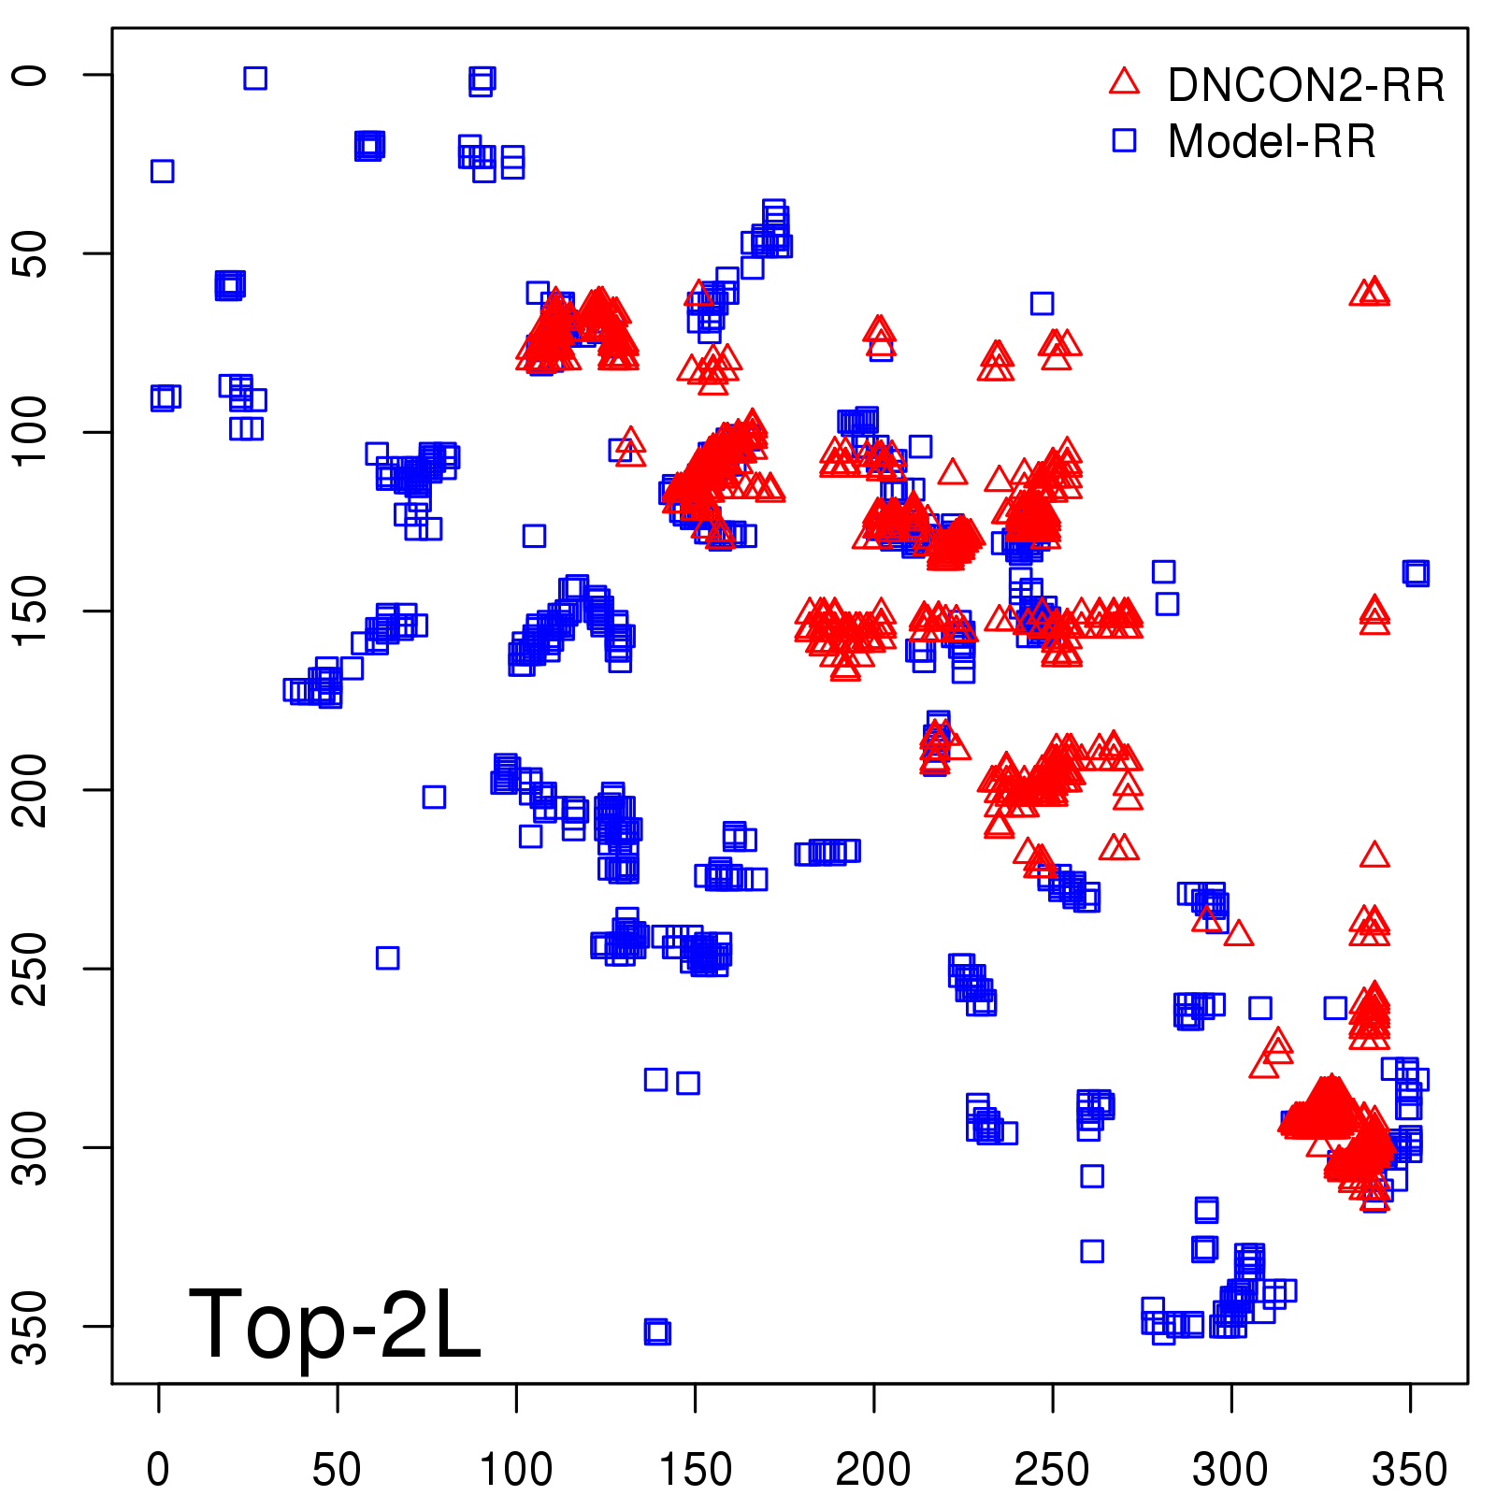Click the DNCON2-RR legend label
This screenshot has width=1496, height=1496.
(x=1306, y=85)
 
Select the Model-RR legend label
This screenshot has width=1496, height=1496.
(x=1272, y=142)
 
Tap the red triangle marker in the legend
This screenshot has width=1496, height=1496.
(x=1124, y=81)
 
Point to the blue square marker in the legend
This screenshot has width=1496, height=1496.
(x=1124, y=140)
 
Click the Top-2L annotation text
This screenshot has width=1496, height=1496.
(x=335, y=1324)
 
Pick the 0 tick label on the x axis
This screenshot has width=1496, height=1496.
(x=158, y=1469)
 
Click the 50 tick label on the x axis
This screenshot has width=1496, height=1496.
(x=337, y=1469)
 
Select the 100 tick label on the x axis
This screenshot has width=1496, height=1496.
(x=516, y=1469)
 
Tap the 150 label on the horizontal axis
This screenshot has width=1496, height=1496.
(x=695, y=1469)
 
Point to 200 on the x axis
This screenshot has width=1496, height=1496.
(x=873, y=1469)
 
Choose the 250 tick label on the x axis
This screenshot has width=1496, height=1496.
(x=1052, y=1469)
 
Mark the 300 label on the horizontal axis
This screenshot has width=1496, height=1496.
(x=1231, y=1469)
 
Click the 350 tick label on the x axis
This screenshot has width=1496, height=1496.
(x=1410, y=1469)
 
